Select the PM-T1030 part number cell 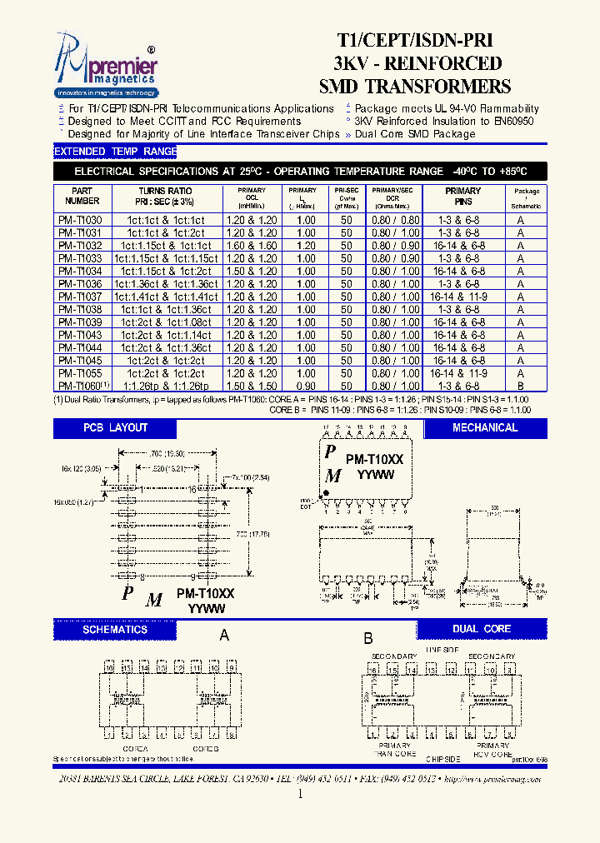[81, 220]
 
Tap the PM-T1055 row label [81, 374]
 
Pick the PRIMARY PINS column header [462, 196]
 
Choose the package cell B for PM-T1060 [521, 387]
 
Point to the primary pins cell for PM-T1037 [458, 297]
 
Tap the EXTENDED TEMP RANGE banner [115, 152]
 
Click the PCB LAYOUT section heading [115, 428]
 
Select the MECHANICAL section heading [485, 428]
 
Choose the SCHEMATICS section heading [115, 630]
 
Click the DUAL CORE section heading [482, 629]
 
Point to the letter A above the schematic [223, 636]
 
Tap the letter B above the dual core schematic [367, 639]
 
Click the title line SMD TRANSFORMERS [415, 87]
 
